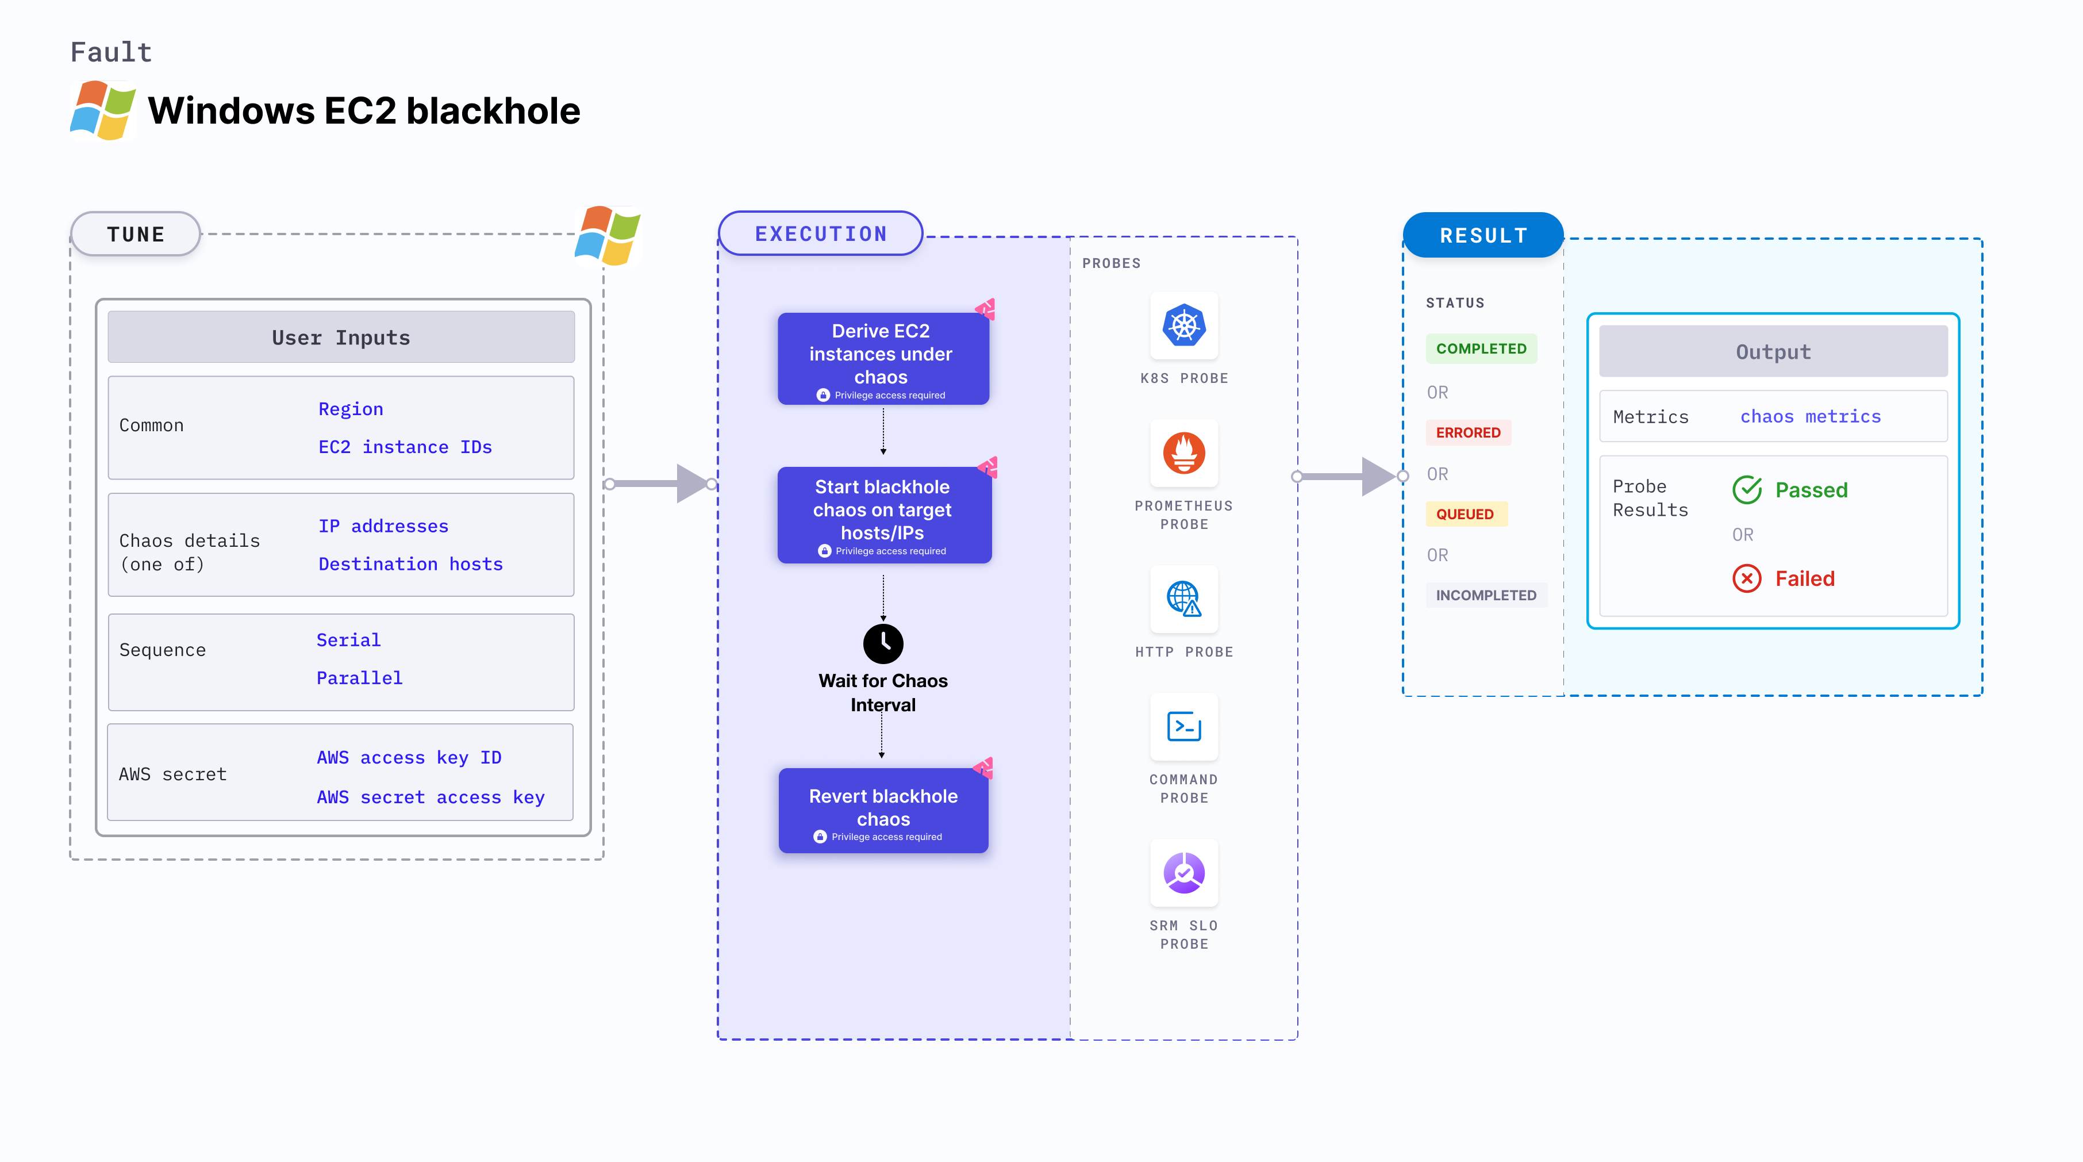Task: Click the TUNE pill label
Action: pos(136,235)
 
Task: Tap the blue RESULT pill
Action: pos(1483,235)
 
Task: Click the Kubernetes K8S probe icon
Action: pos(1184,326)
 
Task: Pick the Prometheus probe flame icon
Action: pos(1184,453)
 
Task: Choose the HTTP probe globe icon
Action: pos(1184,599)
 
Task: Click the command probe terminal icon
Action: pos(1184,726)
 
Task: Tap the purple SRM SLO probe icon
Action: pos(1184,873)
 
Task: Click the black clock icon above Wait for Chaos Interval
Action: pos(883,643)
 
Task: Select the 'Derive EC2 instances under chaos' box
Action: pos(883,358)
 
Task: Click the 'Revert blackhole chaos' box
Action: pos(883,810)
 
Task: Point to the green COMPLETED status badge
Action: pos(1481,348)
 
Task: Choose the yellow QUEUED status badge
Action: pos(1465,514)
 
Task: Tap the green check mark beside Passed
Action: pos(1747,489)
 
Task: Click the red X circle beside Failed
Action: pos(1747,578)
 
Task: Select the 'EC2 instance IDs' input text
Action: pos(405,447)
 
